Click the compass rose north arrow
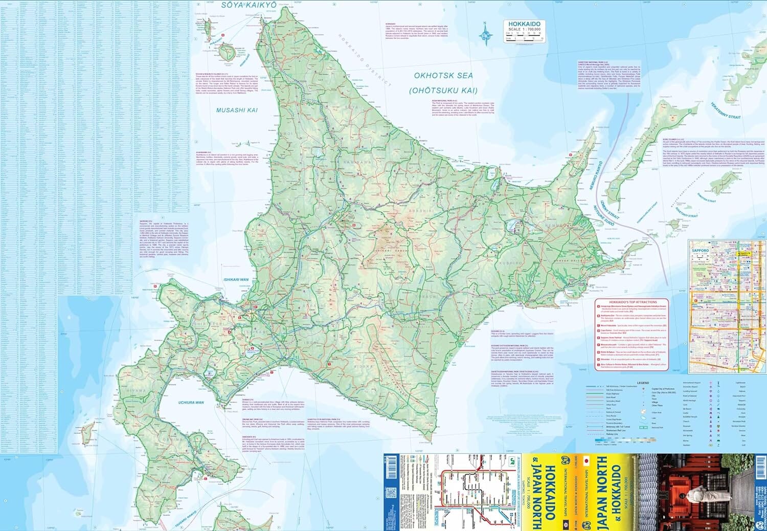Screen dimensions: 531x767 (485, 34)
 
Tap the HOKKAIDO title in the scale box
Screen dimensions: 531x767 (524, 24)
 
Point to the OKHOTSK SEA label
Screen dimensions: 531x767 (444, 75)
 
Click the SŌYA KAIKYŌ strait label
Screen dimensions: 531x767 (249, 5)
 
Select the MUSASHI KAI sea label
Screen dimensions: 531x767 (237, 110)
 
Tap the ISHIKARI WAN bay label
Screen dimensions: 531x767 (236, 280)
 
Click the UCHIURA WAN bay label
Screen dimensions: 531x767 (191, 403)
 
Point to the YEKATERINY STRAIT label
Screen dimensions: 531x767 (725, 110)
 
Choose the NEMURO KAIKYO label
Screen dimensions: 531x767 (597, 176)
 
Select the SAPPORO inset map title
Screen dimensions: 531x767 (701, 251)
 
